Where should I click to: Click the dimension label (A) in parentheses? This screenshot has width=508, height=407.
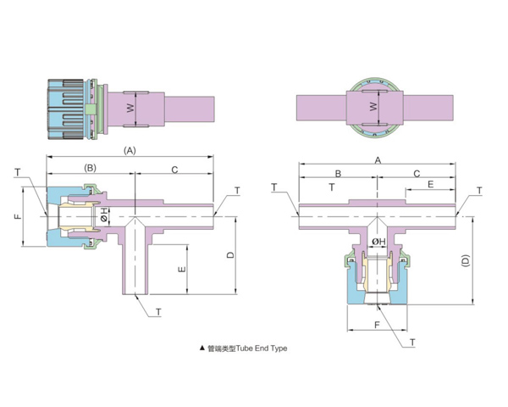click(x=130, y=151)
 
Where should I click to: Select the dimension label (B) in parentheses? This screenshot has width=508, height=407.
click(x=90, y=168)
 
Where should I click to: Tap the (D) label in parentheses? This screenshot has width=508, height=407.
click(x=465, y=260)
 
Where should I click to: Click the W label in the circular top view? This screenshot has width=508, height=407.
click(x=373, y=107)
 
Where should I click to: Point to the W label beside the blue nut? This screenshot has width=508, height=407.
click(x=130, y=108)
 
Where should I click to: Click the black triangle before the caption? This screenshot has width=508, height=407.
click(x=202, y=348)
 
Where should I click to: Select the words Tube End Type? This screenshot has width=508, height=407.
click(x=262, y=348)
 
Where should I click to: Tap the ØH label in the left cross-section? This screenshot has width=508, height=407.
click(x=104, y=215)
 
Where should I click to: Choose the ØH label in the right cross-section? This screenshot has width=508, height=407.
click(x=378, y=242)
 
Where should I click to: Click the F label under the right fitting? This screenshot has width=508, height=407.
click(x=377, y=325)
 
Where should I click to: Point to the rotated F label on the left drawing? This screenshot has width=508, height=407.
click(x=18, y=216)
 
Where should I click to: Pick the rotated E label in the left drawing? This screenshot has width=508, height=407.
click(x=182, y=269)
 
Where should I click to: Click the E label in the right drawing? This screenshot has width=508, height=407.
click(x=430, y=184)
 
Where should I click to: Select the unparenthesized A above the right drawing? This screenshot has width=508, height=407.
click(x=378, y=160)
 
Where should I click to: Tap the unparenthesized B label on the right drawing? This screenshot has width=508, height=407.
click(x=338, y=174)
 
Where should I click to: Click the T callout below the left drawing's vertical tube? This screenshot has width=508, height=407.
click(x=158, y=312)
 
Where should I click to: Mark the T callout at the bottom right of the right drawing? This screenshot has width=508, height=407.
click(x=412, y=343)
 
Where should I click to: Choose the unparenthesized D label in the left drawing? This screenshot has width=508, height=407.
click(x=230, y=255)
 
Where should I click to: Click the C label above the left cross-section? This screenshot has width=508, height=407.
click(x=174, y=170)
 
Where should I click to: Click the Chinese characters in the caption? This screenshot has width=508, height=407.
click(x=222, y=348)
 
